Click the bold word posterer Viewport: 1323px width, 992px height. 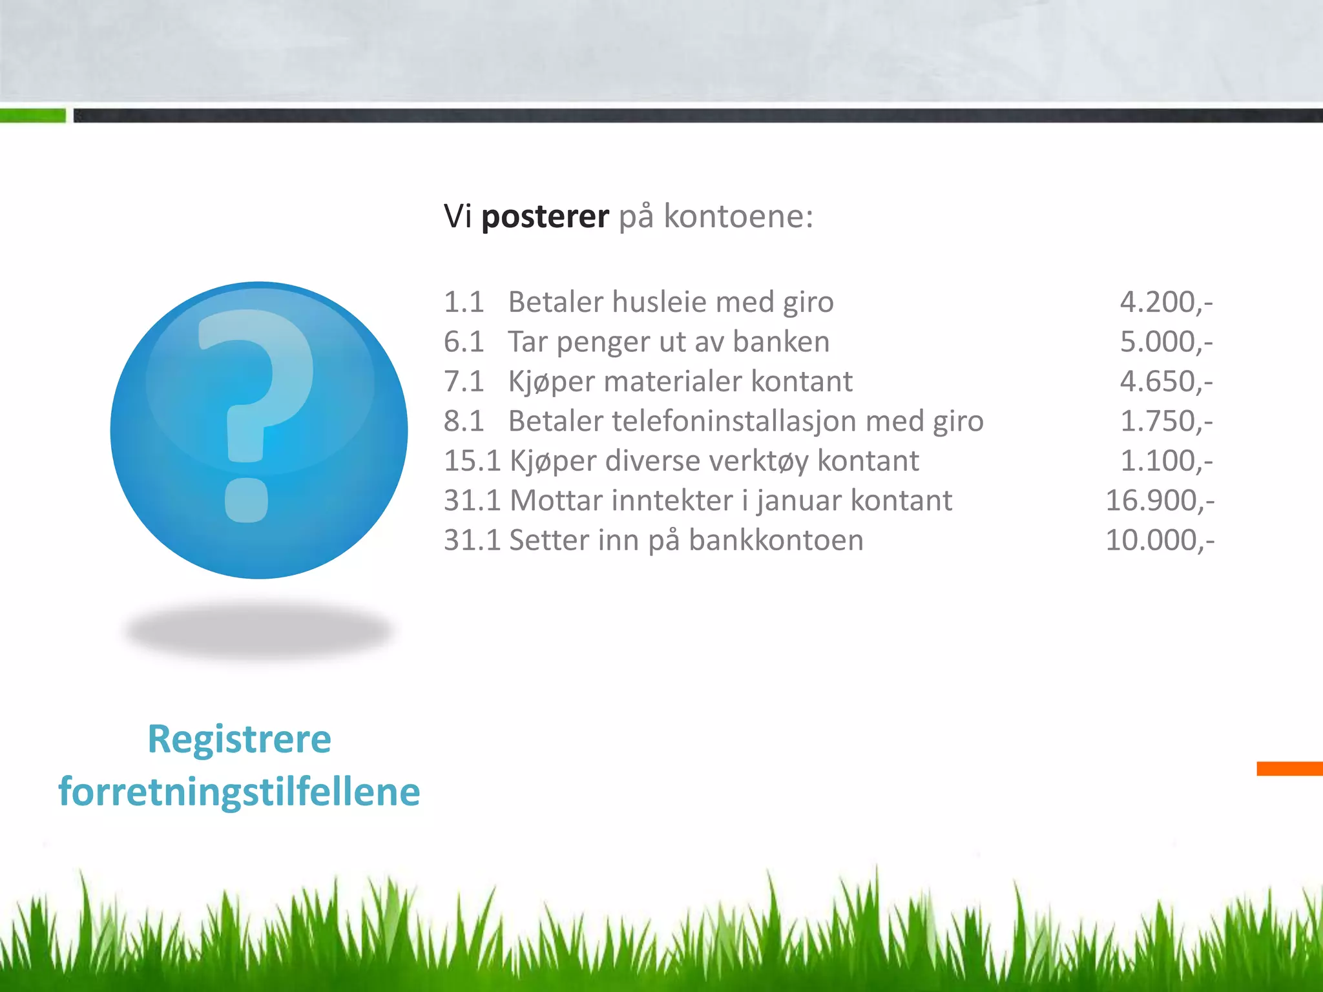(x=545, y=216)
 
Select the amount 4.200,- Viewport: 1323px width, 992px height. (x=1166, y=302)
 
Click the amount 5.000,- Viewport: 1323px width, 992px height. (x=1166, y=342)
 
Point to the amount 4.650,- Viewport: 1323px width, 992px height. (x=1166, y=382)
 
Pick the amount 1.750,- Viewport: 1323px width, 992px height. (x=1166, y=421)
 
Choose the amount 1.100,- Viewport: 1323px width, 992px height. (x=1166, y=461)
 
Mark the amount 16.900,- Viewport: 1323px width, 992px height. (x=1160, y=501)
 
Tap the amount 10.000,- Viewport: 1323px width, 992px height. (x=1160, y=541)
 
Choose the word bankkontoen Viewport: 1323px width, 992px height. (x=776, y=541)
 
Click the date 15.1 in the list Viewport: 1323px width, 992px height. (x=472, y=461)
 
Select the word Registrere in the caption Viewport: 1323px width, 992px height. (x=239, y=739)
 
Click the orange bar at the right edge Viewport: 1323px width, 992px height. (x=1289, y=769)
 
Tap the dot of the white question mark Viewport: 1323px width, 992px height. (x=246, y=500)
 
